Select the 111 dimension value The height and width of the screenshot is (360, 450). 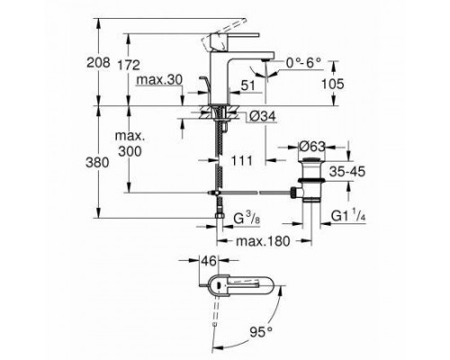241,159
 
